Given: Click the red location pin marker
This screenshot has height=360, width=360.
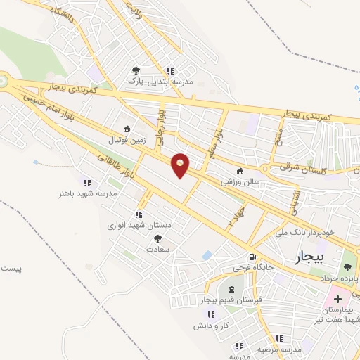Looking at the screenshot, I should click(x=181, y=165).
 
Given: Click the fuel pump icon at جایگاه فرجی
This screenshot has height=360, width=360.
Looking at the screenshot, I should click(x=252, y=258).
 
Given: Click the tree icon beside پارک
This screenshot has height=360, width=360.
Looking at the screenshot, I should click(x=136, y=70).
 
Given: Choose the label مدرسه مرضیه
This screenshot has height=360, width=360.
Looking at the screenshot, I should click(x=278, y=349).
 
